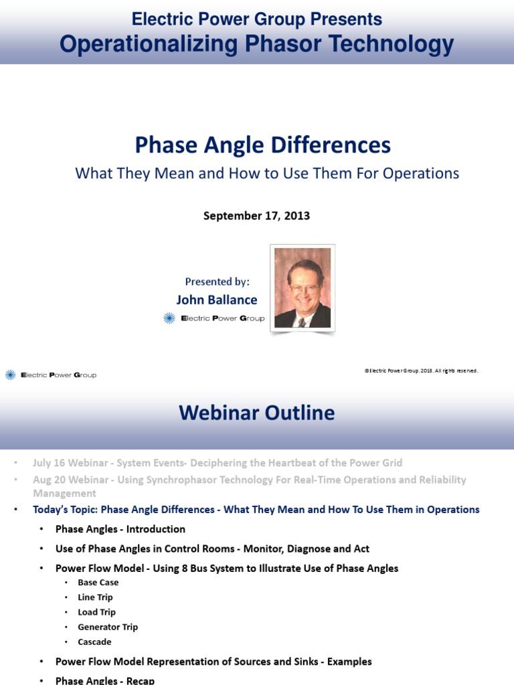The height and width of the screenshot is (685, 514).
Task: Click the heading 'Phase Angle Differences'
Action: [263, 144]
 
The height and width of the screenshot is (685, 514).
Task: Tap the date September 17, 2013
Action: [256, 216]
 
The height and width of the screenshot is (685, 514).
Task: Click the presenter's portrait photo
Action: [302, 288]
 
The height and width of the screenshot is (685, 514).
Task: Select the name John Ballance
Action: [216, 300]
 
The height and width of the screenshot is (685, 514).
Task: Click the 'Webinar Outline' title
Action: [256, 413]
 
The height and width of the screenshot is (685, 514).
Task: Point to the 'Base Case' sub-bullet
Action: [98, 583]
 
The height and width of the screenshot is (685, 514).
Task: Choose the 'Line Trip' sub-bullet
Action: [95, 597]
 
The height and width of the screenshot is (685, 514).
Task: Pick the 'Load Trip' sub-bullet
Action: [96, 612]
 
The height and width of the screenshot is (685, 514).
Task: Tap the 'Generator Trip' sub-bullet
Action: [107, 627]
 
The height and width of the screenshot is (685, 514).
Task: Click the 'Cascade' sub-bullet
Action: [94, 642]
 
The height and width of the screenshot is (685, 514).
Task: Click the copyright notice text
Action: [421, 371]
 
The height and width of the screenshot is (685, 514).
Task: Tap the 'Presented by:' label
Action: [216, 282]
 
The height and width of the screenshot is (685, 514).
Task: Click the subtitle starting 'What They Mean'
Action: [267, 173]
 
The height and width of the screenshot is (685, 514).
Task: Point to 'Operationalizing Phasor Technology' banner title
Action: [256, 44]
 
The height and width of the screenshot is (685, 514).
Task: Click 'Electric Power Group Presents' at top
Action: [256, 19]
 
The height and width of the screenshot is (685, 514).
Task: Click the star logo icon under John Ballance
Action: [169, 318]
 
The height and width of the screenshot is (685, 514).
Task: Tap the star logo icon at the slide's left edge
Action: [10, 375]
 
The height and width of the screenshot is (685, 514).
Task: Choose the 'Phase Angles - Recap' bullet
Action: [104, 680]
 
